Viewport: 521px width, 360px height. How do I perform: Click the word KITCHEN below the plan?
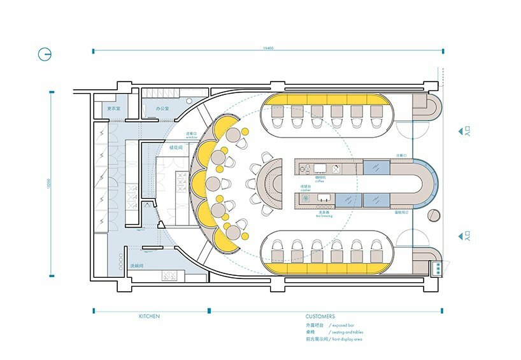click(x=149, y=316)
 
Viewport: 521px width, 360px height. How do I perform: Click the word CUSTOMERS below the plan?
click(x=320, y=316)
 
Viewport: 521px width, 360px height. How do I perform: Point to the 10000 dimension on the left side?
click(x=49, y=185)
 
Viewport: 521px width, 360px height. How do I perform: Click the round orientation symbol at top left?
click(x=45, y=54)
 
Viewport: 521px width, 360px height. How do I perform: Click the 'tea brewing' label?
click(x=322, y=216)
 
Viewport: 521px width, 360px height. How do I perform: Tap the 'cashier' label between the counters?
click(x=306, y=189)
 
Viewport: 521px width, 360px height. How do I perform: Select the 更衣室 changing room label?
click(x=113, y=109)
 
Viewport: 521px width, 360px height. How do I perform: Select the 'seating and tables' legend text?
click(x=350, y=332)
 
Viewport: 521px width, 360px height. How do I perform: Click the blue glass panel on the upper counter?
click(x=376, y=168)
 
